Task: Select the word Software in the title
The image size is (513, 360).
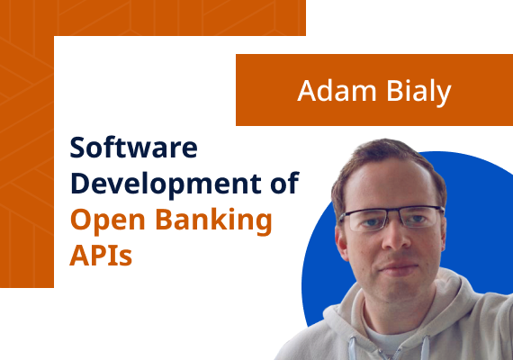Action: point(132,148)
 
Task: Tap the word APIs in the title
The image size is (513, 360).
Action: point(101,255)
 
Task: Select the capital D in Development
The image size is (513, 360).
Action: point(80,184)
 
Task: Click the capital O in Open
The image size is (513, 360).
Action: point(81,220)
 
